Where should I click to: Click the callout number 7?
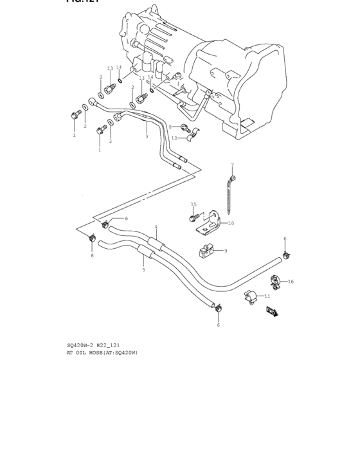[x=232, y=165]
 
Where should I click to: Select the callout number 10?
[x=231, y=223]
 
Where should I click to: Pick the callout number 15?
[x=194, y=204]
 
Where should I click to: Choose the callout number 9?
[x=225, y=251]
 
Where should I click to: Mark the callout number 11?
[x=267, y=296]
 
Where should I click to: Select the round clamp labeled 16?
[x=274, y=281]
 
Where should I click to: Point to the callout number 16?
[x=291, y=282]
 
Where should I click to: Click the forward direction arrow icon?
[x=271, y=312]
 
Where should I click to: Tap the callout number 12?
[x=174, y=138]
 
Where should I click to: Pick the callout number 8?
[x=170, y=127]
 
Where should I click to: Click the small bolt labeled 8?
[x=183, y=127]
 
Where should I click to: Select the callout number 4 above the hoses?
[x=155, y=228]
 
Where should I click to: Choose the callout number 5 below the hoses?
[x=143, y=269]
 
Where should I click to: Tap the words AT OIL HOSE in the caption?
[x=88, y=352]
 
